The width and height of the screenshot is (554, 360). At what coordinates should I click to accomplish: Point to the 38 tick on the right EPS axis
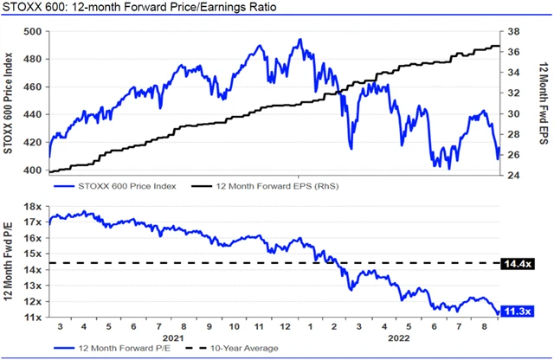(512, 31)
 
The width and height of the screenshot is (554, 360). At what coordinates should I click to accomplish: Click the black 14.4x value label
(519, 262)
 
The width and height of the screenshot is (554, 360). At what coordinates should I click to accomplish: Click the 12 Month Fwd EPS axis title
(543, 102)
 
